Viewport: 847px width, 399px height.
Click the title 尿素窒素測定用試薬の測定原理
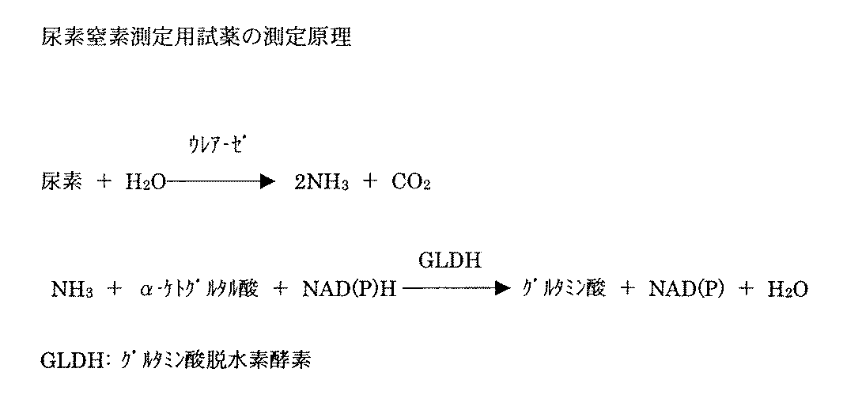[195, 38]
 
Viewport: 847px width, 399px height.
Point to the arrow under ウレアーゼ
[221, 182]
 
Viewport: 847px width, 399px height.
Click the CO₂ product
[410, 183]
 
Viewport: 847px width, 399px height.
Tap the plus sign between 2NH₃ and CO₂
[369, 182]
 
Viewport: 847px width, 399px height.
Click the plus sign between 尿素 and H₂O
[104, 182]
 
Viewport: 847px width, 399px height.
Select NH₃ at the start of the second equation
[73, 291]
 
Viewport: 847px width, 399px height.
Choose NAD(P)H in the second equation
[349, 291]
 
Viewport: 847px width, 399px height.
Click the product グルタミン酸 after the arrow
[564, 291]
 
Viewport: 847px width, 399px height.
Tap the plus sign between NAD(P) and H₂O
[744, 291]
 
